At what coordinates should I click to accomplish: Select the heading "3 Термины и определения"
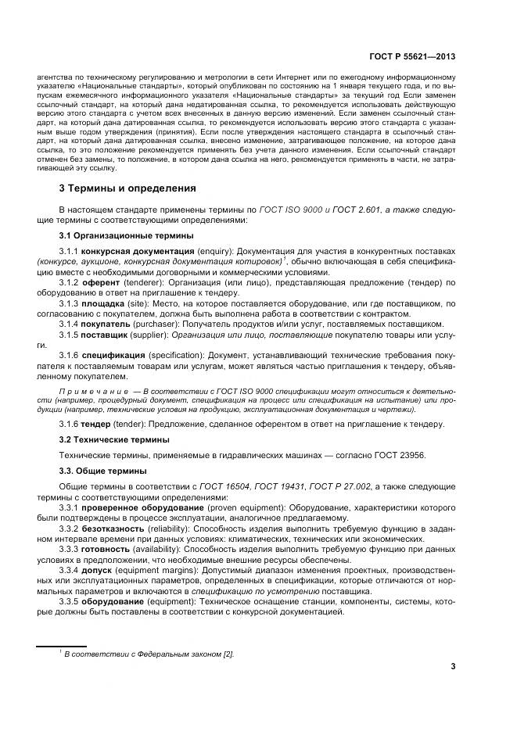129,188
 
